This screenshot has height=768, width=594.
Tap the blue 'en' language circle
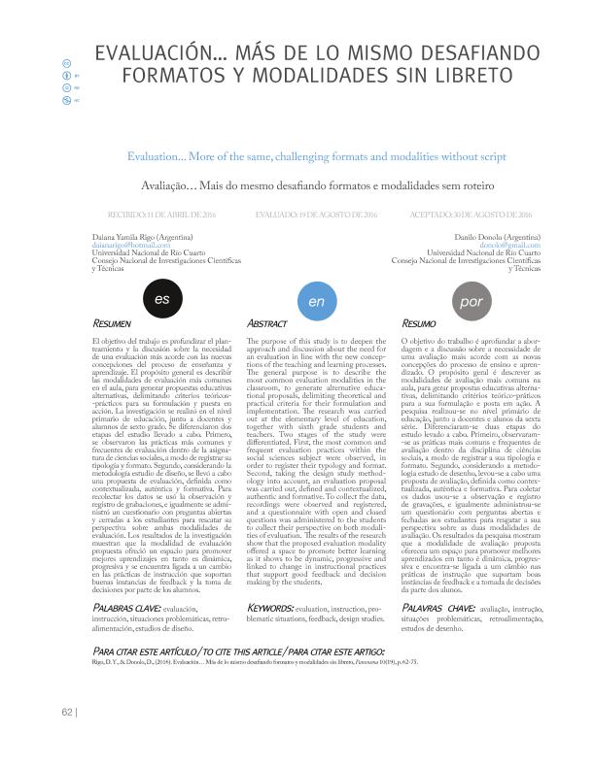(316, 301)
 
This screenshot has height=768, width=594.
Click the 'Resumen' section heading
(111, 321)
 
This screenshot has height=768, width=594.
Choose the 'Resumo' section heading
(419, 321)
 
